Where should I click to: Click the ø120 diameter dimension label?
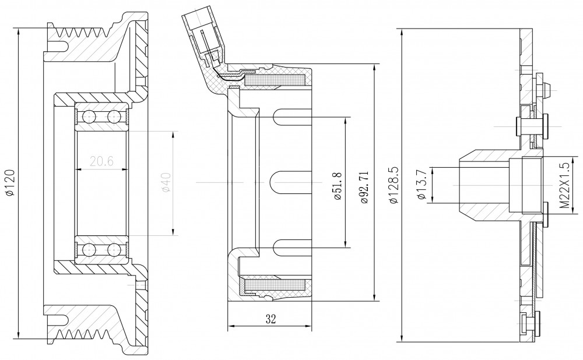coord(10,182)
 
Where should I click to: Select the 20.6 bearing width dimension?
coord(101,161)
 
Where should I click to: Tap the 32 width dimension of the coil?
coord(271,319)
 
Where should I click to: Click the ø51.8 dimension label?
coord(338,186)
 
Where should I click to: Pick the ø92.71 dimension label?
coord(364,187)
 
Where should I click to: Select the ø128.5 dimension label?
coord(394,185)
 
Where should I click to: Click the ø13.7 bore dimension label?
coord(422,185)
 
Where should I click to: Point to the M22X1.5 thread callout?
coord(564,185)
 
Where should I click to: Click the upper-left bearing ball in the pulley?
coord(89,117)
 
